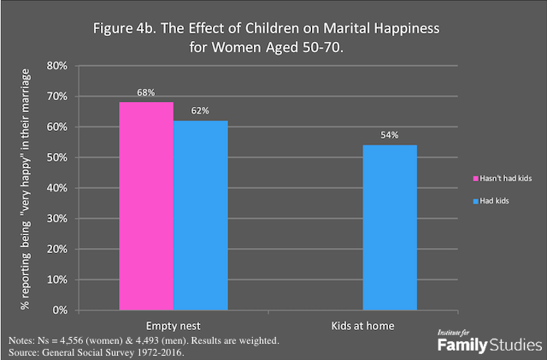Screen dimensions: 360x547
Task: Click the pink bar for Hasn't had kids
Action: tap(146, 205)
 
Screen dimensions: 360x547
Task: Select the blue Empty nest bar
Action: tap(201, 215)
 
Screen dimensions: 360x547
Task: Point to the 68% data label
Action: tap(146, 92)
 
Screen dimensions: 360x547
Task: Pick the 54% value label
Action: tap(390, 135)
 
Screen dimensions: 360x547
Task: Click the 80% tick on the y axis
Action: tap(57, 66)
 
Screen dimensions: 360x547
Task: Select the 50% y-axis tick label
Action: tap(57, 157)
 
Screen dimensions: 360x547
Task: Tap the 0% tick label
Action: tap(60, 310)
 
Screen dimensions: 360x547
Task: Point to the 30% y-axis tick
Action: tap(57, 218)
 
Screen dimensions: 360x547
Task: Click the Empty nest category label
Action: tap(174, 326)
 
